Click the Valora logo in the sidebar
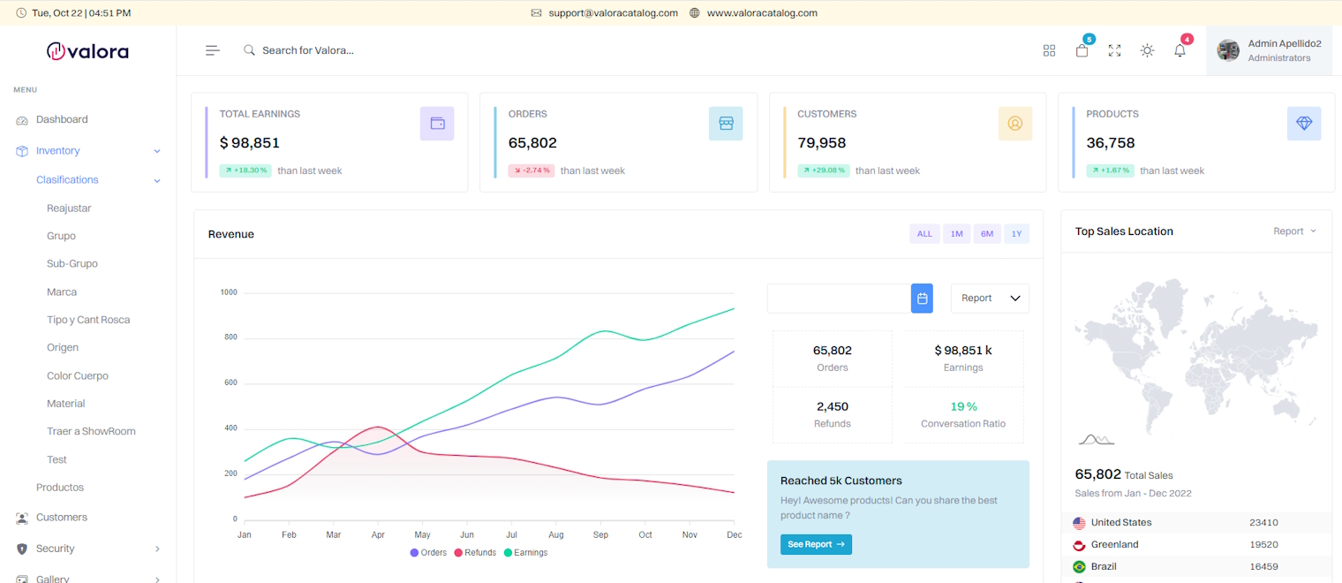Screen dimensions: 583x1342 [x=87, y=51]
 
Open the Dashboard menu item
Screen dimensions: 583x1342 [x=61, y=119]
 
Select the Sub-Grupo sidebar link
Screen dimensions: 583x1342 [x=72, y=264]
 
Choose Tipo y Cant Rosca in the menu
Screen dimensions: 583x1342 [x=87, y=320]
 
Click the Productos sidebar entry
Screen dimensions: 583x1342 [x=59, y=488]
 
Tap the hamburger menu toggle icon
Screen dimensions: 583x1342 [x=213, y=50]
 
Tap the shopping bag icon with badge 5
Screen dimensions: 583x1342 [x=1082, y=50]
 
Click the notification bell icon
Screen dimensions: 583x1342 [x=1180, y=50]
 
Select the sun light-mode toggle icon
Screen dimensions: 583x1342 [x=1147, y=50]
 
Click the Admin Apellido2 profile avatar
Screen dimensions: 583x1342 [x=1228, y=50]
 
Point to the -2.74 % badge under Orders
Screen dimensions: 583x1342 [x=531, y=170]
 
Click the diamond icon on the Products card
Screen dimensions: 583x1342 [x=1303, y=124]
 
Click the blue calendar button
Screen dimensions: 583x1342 [x=922, y=299]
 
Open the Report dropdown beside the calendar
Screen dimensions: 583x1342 [x=989, y=299]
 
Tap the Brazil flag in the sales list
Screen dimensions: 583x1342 [x=1079, y=567]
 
